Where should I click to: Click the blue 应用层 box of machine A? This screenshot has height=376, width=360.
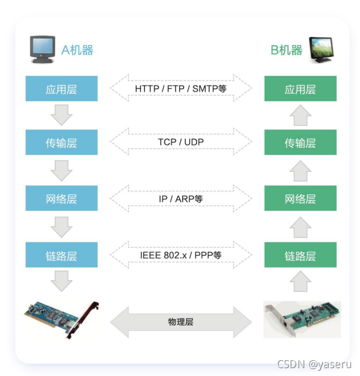[61, 89]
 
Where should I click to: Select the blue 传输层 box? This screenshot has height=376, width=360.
[61, 143]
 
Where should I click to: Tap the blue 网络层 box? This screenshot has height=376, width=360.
[61, 198]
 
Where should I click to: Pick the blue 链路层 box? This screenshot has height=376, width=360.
[61, 255]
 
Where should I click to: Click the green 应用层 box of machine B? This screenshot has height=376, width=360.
[300, 89]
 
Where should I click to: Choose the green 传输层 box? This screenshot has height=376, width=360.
[300, 143]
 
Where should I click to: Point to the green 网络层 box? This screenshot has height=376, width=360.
[300, 198]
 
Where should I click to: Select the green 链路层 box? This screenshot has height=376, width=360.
[300, 255]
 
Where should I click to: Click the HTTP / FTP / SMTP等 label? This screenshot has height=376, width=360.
[180, 89]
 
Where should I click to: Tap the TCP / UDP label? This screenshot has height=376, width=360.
[180, 142]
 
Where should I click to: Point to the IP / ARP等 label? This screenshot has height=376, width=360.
[180, 198]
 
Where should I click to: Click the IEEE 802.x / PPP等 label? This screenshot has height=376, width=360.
[180, 255]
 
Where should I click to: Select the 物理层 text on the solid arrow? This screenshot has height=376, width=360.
[180, 322]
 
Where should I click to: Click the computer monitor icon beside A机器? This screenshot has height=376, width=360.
[43, 49]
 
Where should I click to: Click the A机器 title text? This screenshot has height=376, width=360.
[77, 50]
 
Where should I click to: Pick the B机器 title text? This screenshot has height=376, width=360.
[286, 50]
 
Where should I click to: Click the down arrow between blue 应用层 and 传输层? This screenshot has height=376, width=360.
[61, 116]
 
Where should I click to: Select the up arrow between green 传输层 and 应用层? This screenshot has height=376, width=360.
[300, 116]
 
